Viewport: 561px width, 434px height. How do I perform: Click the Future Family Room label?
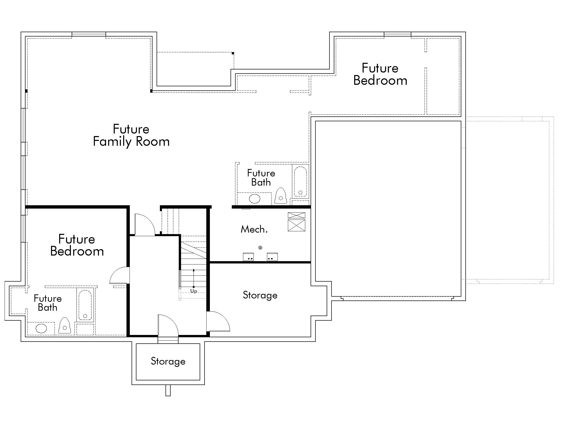click(131, 135)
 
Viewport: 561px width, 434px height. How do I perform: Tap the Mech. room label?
click(254, 229)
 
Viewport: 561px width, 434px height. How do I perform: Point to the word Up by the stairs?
click(194, 291)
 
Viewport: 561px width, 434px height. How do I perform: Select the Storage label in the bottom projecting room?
click(168, 361)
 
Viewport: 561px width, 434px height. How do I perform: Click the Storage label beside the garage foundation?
click(260, 295)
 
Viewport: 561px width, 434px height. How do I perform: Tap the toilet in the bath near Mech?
click(280, 196)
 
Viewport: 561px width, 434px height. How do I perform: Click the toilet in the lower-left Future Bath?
click(65, 326)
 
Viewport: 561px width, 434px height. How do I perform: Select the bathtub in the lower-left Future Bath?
click(85, 305)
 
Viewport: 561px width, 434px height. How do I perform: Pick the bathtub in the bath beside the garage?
click(300, 181)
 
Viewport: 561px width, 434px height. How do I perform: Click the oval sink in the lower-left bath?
click(41, 328)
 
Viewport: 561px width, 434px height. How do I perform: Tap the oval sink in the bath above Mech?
click(254, 199)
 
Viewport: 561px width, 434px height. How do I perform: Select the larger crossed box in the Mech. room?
click(296, 225)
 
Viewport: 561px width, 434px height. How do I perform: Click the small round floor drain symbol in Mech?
click(260, 248)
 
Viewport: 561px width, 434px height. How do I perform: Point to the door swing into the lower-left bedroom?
click(119, 275)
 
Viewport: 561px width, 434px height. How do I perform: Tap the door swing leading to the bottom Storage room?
click(168, 325)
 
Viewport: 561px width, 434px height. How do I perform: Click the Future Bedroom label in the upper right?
click(380, 74)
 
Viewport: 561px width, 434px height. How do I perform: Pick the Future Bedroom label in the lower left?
click(77, 245)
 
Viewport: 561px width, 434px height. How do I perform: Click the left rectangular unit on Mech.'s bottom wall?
click(248, 257)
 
